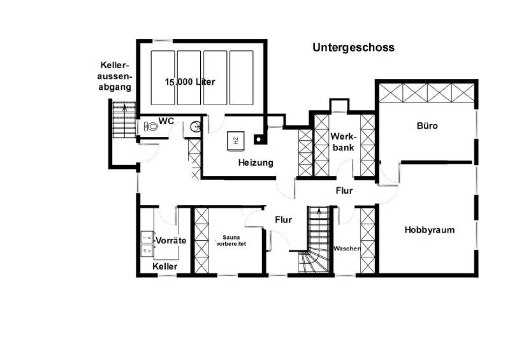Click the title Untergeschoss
tap(353, 47)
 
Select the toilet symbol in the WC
tap(150, 127)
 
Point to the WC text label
tap(166, 120)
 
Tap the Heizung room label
tap(256, 162)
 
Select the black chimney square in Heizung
tap(258, 136)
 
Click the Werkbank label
tap(342, 141)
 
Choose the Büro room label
tap(426, 126)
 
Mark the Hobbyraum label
tap(429, 230)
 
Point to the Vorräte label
tap(171, 241)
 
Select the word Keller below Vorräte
tap(165, 266)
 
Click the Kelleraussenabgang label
tap(115, 76)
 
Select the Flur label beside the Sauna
tap(283, 220)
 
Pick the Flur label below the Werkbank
tap(344, 190)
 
